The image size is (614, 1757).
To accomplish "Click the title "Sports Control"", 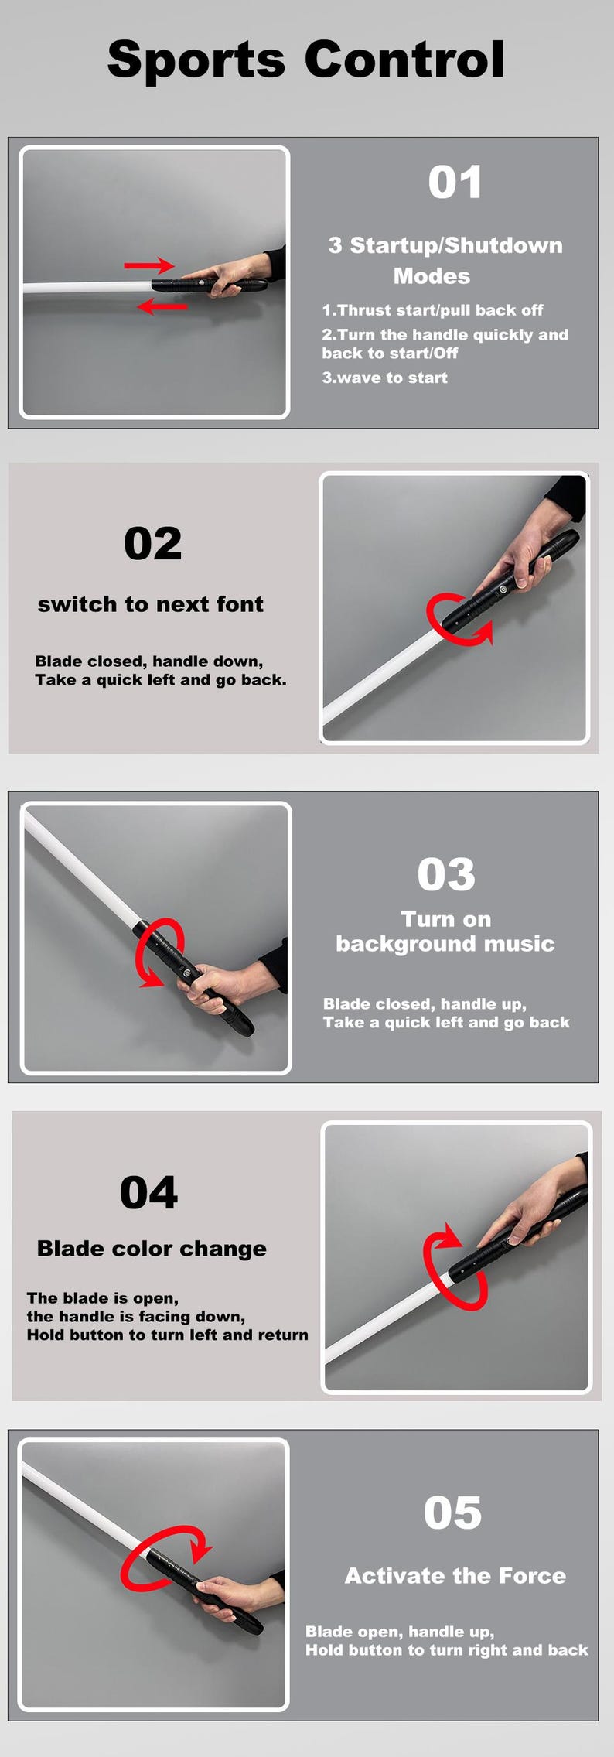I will tap(306, 60).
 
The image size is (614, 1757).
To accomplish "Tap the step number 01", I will tap(455, 183).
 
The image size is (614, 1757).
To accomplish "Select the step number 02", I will tap(152, 543).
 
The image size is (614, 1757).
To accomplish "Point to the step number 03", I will tap(446, 874).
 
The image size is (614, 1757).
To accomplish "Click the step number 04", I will tap(148, 1192).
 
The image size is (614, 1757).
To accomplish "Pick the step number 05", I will tap(452, 1513).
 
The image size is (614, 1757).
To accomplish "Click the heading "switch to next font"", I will tap(151, 604).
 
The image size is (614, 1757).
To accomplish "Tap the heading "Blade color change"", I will tap(152, 1249).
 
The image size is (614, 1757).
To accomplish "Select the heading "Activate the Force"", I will tap(455, 1576).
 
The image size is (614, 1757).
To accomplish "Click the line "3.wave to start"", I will tap(384, 378).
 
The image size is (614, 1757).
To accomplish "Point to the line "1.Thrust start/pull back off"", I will tap(432, 310).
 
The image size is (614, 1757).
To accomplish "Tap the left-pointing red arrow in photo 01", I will tap(162, 307).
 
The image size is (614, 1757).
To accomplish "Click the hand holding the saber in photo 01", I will tap(232, 276).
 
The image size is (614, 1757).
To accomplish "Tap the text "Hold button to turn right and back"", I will tap(446, 1650).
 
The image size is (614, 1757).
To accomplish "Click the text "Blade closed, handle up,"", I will tap(425, 1004).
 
